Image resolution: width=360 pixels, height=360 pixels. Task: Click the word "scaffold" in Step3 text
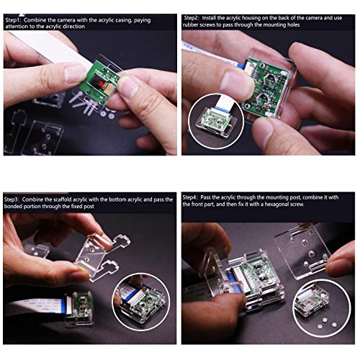[72, 198]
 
